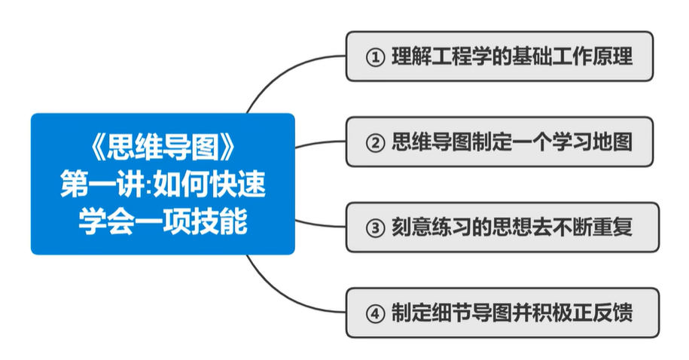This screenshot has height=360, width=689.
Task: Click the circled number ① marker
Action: click(374, 57)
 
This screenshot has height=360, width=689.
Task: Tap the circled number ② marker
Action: click(374, 143)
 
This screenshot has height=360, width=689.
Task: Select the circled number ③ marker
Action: click(374, 228)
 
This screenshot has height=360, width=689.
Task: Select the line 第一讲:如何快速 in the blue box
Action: click(163, 185)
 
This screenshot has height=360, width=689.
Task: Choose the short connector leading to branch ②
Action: click(320, 143)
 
